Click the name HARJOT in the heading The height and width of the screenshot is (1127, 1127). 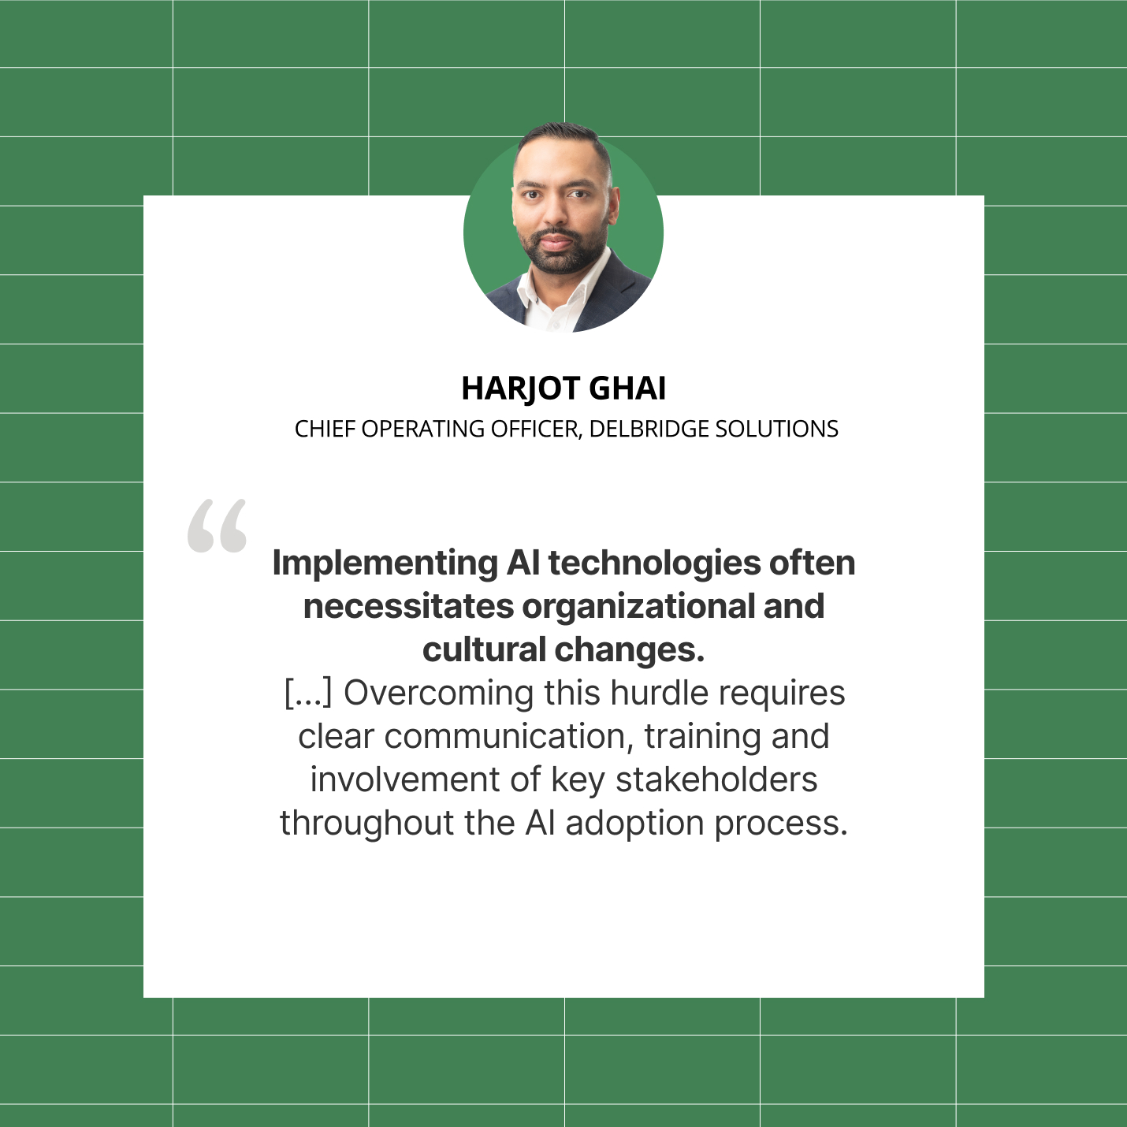(520, 389)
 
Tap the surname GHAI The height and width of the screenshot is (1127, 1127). (627, 389)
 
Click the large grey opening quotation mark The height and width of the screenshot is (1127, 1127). (217, 525)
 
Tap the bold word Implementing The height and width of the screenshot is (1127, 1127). (385, 563)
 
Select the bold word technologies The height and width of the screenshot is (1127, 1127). (654, 563)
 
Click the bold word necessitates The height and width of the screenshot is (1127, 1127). (408, 607)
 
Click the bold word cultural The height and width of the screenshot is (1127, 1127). (484, 650)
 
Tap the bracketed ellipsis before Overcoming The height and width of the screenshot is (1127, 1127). (308, 694)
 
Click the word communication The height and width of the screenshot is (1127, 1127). (509, 737)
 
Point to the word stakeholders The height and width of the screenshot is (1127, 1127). (716, 780)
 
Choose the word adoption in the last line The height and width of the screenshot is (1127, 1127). (634, 824)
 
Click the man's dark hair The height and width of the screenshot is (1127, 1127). (561, 134)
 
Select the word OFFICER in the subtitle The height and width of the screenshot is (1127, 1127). (536, 429)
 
